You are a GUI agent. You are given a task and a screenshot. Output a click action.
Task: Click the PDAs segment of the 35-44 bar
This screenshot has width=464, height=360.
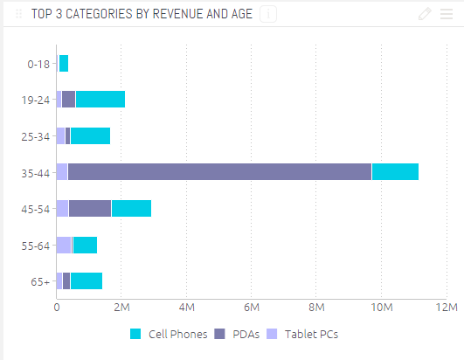pos(219,171)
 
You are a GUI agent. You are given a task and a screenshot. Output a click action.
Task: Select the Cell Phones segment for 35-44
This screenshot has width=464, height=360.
pos(395,171)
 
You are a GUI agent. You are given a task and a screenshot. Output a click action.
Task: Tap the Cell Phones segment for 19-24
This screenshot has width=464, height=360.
pos(100,99)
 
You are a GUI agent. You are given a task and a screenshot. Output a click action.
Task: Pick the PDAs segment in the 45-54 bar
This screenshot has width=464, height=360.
pos(90,208)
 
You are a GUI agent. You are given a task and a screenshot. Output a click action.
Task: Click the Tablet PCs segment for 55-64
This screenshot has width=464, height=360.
pos(64,245)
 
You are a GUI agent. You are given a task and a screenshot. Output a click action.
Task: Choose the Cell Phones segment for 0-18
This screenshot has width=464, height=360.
pos(63,63)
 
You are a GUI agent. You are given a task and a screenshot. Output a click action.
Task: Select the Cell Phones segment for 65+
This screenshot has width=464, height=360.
pos(87,280)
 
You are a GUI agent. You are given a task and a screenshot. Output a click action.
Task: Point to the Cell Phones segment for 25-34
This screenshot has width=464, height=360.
pos(90,135)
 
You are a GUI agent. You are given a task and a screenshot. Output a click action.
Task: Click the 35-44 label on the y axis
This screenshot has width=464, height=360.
pos(36,172)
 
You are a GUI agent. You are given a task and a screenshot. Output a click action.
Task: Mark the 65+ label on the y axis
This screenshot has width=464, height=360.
pos(40,281)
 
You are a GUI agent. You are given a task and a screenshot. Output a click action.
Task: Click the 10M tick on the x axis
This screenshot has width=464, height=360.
pos(381,308)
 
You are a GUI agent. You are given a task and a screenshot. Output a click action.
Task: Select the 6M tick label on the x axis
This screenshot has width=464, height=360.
pos(252,308)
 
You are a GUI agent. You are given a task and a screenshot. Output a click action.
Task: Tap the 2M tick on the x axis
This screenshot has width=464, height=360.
pos(121,308)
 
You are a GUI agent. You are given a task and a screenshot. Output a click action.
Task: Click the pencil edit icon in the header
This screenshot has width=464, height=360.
pos(425,13)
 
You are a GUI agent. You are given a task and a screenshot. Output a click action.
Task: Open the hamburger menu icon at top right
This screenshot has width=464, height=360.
pos(447,13)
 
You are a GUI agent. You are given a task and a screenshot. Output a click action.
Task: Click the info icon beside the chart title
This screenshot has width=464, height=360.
pos(268,13)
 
